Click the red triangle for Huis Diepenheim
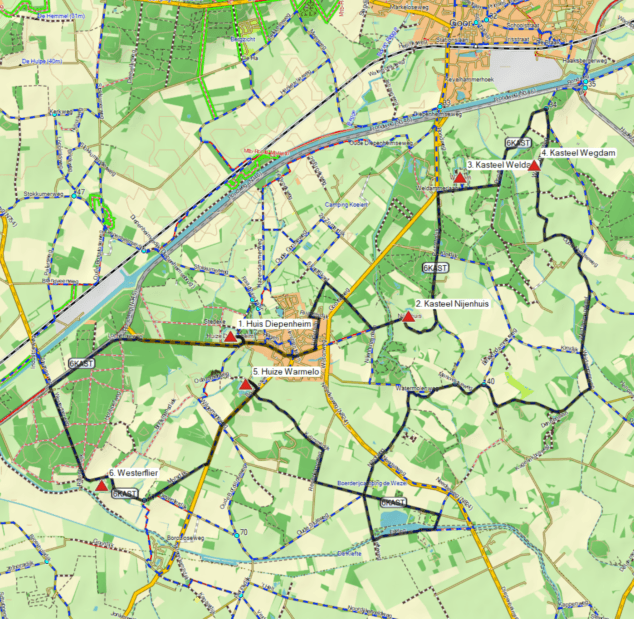tap(231, 338)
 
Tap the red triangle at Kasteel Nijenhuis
tap(408, 316)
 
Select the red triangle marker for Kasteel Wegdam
tap(534, 166)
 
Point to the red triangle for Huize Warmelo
tap(246, 384)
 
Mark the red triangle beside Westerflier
tap(102, 485)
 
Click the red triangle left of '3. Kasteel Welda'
tap(460, 177)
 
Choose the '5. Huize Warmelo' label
tap(286, 372)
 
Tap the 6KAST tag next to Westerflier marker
tap(124, 494)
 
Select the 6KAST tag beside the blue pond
tap(393, 501)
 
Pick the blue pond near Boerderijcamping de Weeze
tap(395, 520)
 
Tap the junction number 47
tap(79, 194)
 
